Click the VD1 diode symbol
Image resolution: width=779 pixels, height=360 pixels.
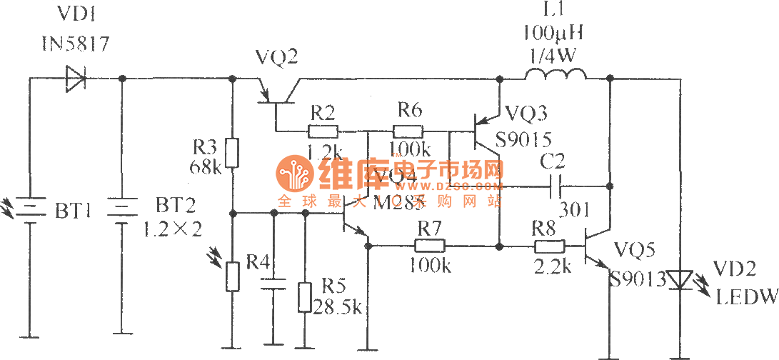pyautogui.click(x=75, y=78)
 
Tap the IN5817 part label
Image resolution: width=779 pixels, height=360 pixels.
pyautogui.click(x=75, y=44)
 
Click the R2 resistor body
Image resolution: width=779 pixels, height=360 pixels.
pyautogui.click(x=323, y=131)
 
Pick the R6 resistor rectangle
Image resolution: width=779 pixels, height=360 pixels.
pyautogui.click(x=408, y=131)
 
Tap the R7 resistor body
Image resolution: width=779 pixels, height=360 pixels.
pyautogui.click(x=430, y=246)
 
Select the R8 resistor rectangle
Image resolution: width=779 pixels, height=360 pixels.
pyautogui.click(x=548, y=246)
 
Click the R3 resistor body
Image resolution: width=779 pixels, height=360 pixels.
pyautogui.click(x=232, y=151)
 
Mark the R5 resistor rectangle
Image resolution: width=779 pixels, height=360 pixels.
pyautogui.click(x=304, y=296)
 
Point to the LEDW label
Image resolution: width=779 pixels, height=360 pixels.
pyautogui.click(x=745, y=294)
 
